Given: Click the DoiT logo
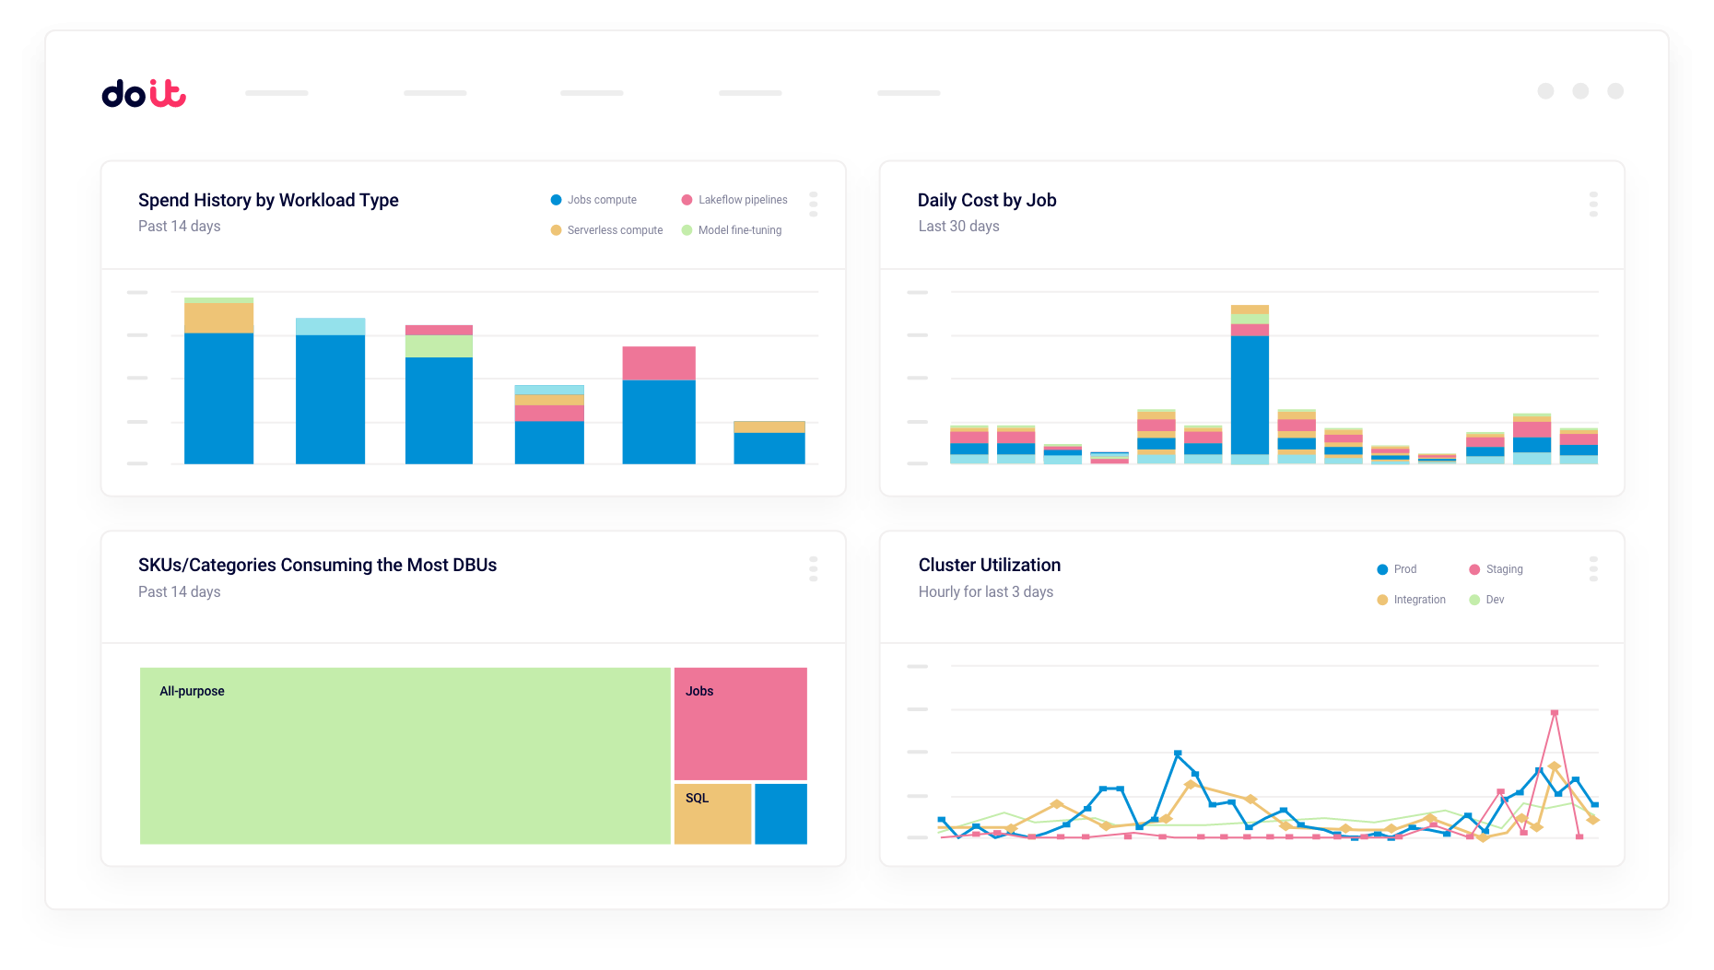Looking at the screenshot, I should (144, 93).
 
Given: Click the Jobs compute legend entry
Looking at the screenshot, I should (593, 200).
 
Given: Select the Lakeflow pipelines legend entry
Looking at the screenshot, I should (734, 200).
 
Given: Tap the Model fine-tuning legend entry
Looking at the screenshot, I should (732, 230).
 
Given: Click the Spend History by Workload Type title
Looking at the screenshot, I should (268, 200).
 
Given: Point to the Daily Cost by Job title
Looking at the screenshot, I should (987, 200).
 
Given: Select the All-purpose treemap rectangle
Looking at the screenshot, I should (405, 755).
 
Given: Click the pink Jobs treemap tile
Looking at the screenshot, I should (740, 724).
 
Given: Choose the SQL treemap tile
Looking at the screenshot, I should (712, 813).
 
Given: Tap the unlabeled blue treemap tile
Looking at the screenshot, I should (781, 813).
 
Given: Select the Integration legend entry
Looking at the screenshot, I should (1411, 600).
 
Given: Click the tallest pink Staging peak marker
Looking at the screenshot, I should (1555, 713).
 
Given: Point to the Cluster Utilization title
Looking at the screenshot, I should (990, 565).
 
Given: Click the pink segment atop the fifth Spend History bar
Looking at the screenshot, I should (659, 363).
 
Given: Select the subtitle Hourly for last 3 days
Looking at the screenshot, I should (986, 591).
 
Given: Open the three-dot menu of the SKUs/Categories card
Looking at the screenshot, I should (813, 568).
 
